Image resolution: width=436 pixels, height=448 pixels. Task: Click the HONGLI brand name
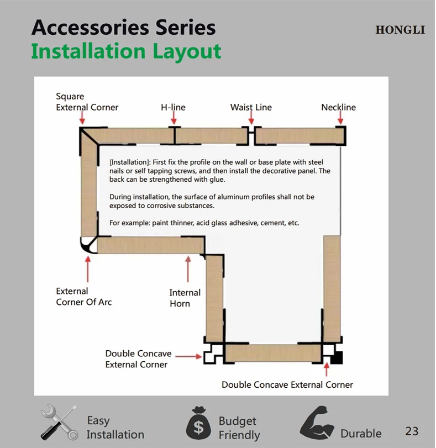(400, 30)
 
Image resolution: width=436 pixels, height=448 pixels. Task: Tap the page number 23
(412, 431)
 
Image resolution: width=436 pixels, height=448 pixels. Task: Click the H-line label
(173, 107)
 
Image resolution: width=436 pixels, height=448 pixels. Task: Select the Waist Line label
(251, 107)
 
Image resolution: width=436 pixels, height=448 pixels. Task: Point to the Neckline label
(339, 107)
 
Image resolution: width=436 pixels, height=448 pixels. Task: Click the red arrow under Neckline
(340, 117)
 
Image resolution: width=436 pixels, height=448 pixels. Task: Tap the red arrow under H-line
(174, 117)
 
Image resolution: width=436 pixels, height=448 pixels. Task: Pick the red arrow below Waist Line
(251, 117)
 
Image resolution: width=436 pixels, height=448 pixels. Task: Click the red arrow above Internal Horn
(188, 269)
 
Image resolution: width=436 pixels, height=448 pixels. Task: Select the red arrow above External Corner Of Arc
(88, 269)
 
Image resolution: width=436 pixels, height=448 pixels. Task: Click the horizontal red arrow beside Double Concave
(188, 356)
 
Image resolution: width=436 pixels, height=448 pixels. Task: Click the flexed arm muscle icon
(317, 422)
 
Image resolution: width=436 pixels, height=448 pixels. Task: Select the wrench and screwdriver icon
(59, 423)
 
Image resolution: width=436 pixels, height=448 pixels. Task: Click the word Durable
(361, 434)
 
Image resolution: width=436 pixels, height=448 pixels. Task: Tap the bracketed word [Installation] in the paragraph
(129, 162)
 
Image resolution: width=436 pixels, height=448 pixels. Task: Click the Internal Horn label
(185, 298)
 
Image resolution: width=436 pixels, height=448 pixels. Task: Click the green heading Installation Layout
(126, 52)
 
